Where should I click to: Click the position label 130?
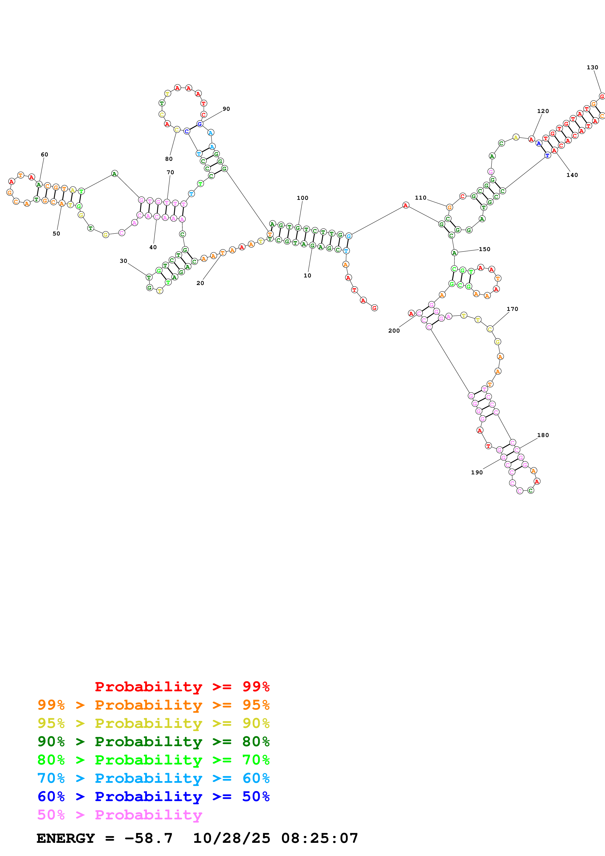[x=592, y=68]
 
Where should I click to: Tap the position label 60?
[x=44, y=154]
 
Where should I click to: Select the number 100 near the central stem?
[x=302, y=198]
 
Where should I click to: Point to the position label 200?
[x=394, y=331]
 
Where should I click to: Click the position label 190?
[x=477, y=472]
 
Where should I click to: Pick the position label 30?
[x=123, y=261]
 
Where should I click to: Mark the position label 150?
[x=485, y=249]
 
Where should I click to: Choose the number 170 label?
[x=512, y=309]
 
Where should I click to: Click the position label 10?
[x=307, y=275]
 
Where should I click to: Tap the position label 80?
[x=169, y=159]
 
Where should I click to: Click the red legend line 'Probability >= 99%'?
[x=182, y=686]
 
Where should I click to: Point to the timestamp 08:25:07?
[x=319, y=838]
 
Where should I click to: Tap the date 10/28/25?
[x=232, y=838]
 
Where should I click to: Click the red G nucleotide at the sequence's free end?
[x=374, y=308]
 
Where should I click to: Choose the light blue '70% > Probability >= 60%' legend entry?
[x=153, y=778]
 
